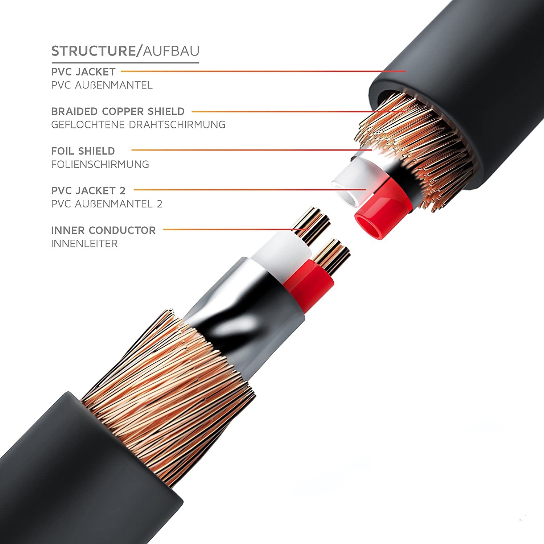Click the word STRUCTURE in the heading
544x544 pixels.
coord(93,51)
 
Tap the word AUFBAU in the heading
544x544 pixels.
coord(171,51)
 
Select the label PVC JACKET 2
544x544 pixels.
coord(88,190)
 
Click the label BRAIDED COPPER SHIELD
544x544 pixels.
coord(118,111)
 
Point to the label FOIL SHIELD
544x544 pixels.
coord(83,151)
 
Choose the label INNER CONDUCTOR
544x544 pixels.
coord(103,230)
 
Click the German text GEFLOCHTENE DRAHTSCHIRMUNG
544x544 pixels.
coord(138,125)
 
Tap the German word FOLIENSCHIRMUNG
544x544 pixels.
coord(100,164)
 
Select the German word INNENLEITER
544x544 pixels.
coord(85,244)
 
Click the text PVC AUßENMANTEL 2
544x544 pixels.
coord(107,204)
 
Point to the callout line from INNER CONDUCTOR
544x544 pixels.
coord(232,230)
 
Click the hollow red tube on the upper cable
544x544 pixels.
coord(377,218)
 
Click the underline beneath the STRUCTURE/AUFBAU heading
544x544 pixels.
coord(125,63)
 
